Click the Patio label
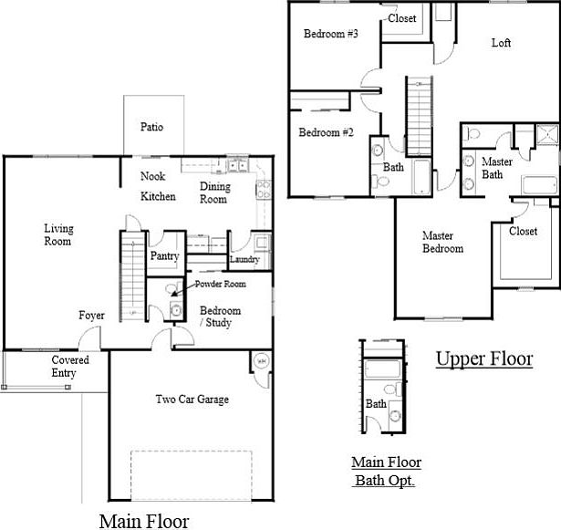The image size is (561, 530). click(x=151, y=127)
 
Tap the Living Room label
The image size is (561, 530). click(x=58, y=234)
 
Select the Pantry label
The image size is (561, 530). click(x=164, y=255)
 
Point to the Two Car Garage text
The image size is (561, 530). click(x=192, y=399)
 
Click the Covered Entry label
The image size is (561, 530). click(x=70, y=366)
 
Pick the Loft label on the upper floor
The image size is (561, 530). click(x=501, y=43)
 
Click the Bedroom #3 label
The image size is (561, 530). click(x=330, y=34)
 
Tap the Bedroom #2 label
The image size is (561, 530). click(x=326, y=132)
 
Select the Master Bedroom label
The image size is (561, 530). click(x=442, y=242)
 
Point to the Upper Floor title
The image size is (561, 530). click(x=484, y=359)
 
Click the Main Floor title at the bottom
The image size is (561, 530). click(x=144, y=521)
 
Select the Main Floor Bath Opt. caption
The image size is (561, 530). click(x=386, y=472)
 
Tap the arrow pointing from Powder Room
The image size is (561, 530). click(x=182, y=290)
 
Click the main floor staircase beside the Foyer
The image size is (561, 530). click(x=133, y=276)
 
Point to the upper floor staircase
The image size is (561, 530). click(x=419, y=116)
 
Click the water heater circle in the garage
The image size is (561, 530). click(x=262, y=361)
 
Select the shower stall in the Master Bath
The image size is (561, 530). click(x=547, y=135)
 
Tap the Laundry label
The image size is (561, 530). click(x=244, y=259)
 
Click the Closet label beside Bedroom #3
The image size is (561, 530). click(x=401, y=18)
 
